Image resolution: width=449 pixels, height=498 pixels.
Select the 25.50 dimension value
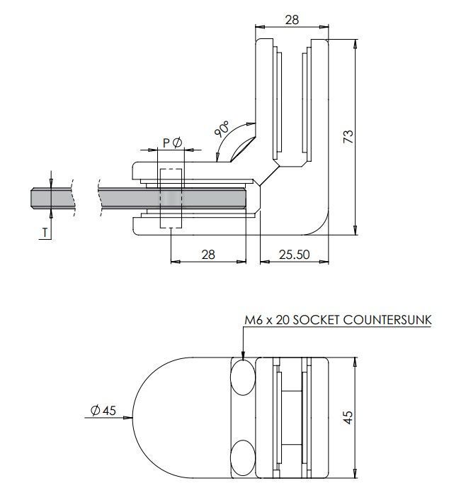tap(293, 254)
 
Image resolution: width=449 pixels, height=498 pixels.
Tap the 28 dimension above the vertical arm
tap(291, 21)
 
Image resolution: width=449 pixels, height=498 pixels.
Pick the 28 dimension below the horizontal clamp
tap(208, 254)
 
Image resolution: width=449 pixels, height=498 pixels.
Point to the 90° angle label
tap(222, 130)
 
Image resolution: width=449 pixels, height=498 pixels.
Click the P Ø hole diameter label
tap(172, 143)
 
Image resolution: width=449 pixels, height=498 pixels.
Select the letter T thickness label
tap(45, 231)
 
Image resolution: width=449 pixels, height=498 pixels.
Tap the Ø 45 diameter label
tap(103, 410)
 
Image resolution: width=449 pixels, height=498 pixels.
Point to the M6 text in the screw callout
tap(253, 320)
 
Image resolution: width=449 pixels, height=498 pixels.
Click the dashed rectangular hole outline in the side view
tap(171, 199)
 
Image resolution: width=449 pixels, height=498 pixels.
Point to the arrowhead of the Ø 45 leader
tap(130, 418)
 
